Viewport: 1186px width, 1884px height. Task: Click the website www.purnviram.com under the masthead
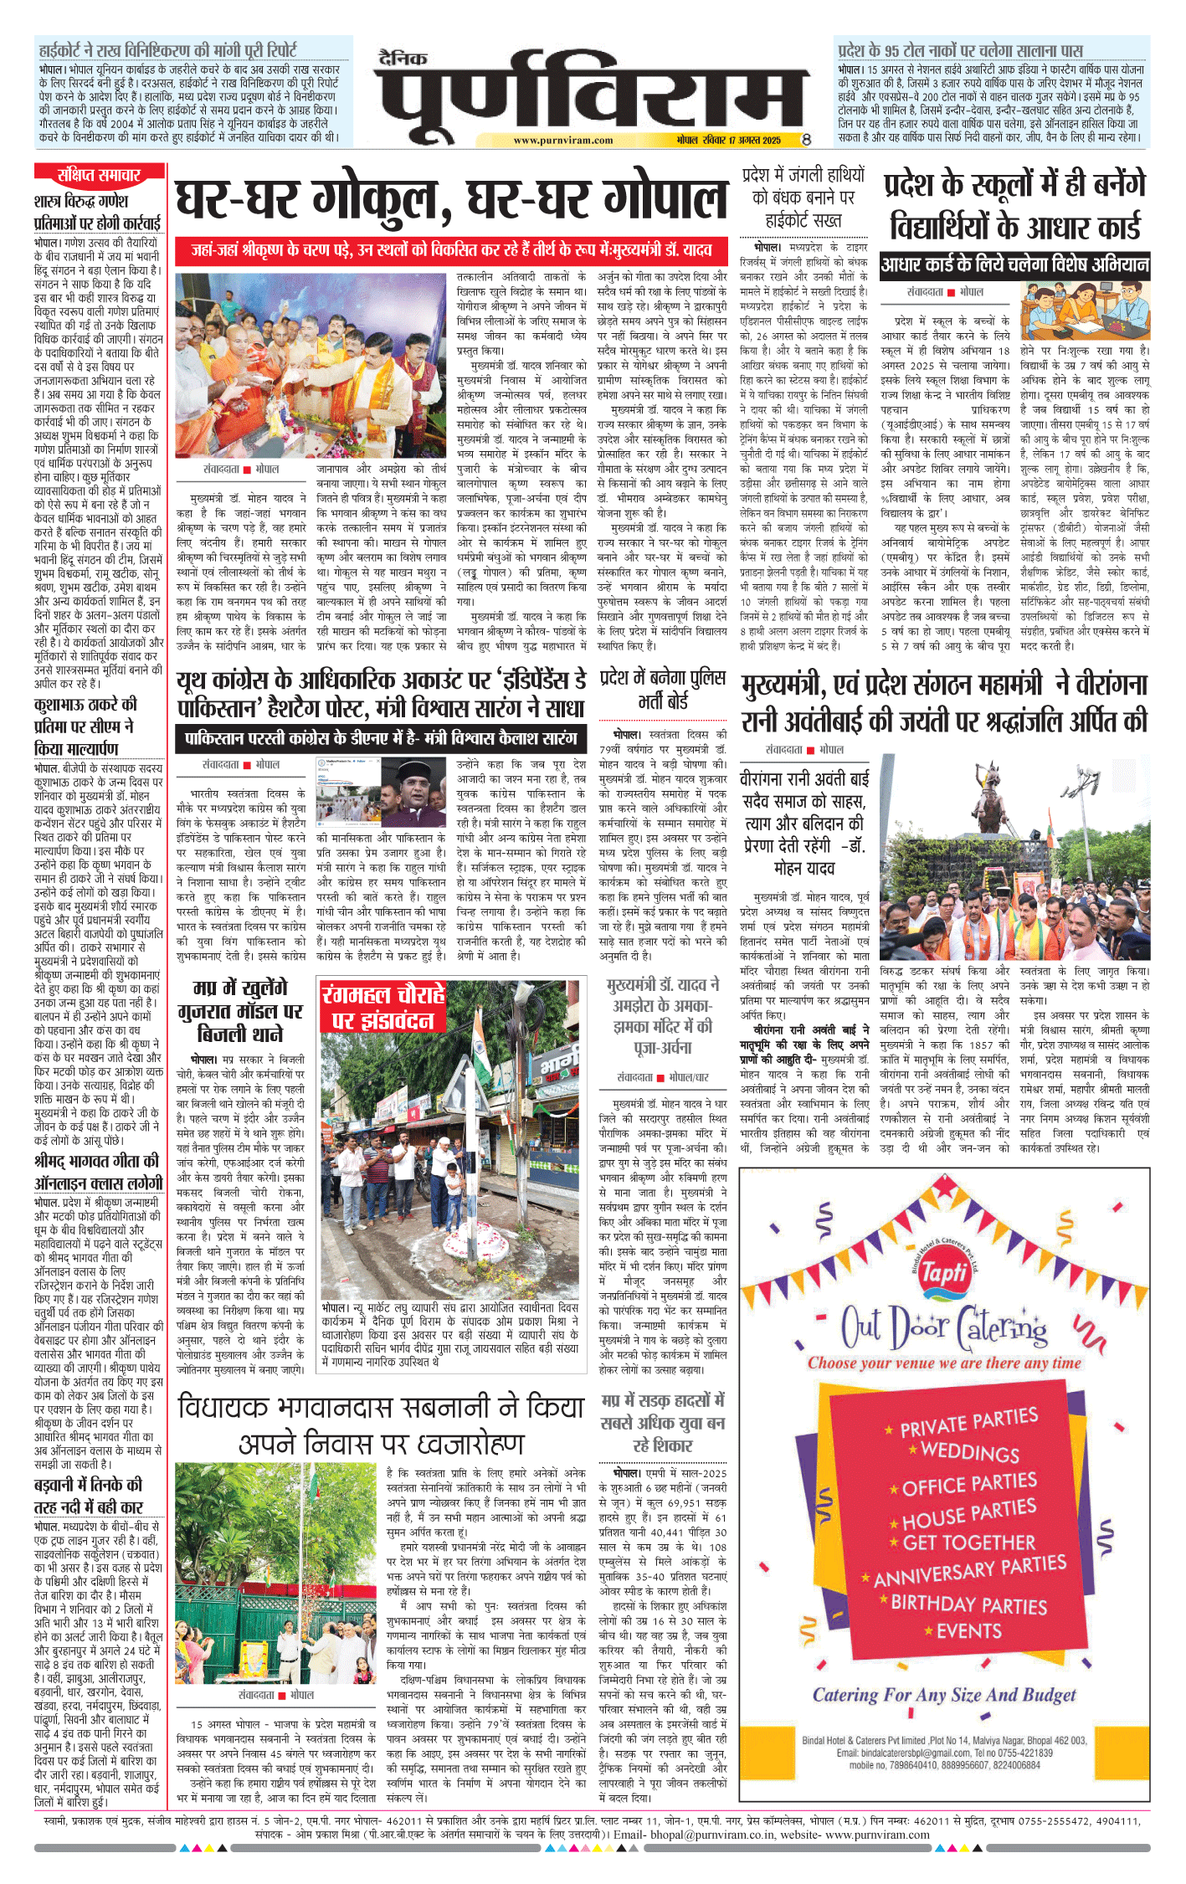562,141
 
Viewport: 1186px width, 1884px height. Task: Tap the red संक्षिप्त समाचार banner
99,174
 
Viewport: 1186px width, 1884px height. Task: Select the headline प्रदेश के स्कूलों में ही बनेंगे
1014,185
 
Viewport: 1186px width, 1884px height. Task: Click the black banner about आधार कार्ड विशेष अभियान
1014,265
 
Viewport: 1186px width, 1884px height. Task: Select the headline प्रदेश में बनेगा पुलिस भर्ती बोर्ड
663,689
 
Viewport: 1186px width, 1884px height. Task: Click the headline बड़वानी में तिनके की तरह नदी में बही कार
89,1496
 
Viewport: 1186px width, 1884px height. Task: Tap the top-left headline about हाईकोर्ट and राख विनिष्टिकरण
167,50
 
